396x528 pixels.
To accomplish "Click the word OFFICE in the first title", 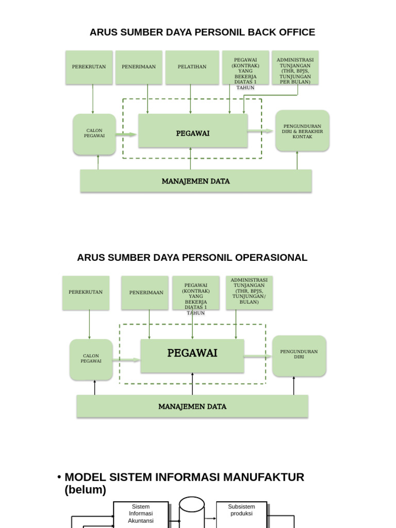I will [x=295, y=32].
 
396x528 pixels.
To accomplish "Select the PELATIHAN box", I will [x=192, y=67].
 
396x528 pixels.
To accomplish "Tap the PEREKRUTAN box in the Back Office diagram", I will [x=89, y=67].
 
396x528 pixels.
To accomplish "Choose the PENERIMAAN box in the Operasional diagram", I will [x=146, y=293].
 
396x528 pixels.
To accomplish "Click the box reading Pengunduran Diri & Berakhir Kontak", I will [x=302, y=131].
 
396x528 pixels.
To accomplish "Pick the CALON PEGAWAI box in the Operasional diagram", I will [x=91, y=359].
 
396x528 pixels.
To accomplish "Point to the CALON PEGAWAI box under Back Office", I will [x=94, y=134].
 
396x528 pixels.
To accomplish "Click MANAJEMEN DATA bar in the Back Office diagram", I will [x=196, y=181].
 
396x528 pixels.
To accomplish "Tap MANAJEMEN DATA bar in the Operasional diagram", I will [x=192, y=406].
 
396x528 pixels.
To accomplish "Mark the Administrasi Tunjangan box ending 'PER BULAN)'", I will [x=295, y=68].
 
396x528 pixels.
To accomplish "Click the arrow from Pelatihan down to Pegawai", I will [x=191, y=99].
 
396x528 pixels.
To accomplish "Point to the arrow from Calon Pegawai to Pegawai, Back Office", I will [x=126, y=135].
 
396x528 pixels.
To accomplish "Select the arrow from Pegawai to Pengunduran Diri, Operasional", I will [x=258, y=356].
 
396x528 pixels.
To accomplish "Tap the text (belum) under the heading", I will [x=85, y=490].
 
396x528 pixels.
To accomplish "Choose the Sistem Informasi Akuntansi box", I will [x=141, y=515].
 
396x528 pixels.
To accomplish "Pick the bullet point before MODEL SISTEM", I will [x=60, y=477].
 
